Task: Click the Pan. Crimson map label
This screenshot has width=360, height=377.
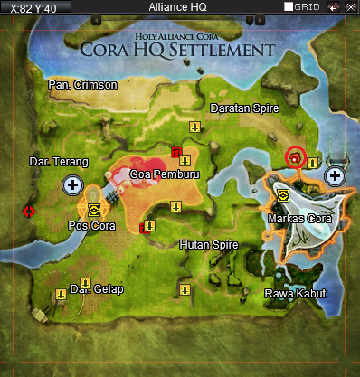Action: coord(83,85)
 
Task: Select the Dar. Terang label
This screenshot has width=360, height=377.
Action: coord(59,163)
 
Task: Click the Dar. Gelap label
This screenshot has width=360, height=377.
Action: coord(97,289)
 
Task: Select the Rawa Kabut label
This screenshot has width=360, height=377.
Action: coord(293,295)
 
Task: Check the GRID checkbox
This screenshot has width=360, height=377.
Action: coord(288,6)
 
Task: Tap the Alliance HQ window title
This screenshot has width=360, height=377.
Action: coord(180,6)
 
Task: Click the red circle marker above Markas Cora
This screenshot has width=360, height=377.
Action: coord(295,157)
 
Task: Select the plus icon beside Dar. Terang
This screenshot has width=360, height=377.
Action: coord(71,185)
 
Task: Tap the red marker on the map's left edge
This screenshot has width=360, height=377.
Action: coord(28,211)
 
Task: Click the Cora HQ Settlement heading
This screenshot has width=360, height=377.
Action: coord(177,48)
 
